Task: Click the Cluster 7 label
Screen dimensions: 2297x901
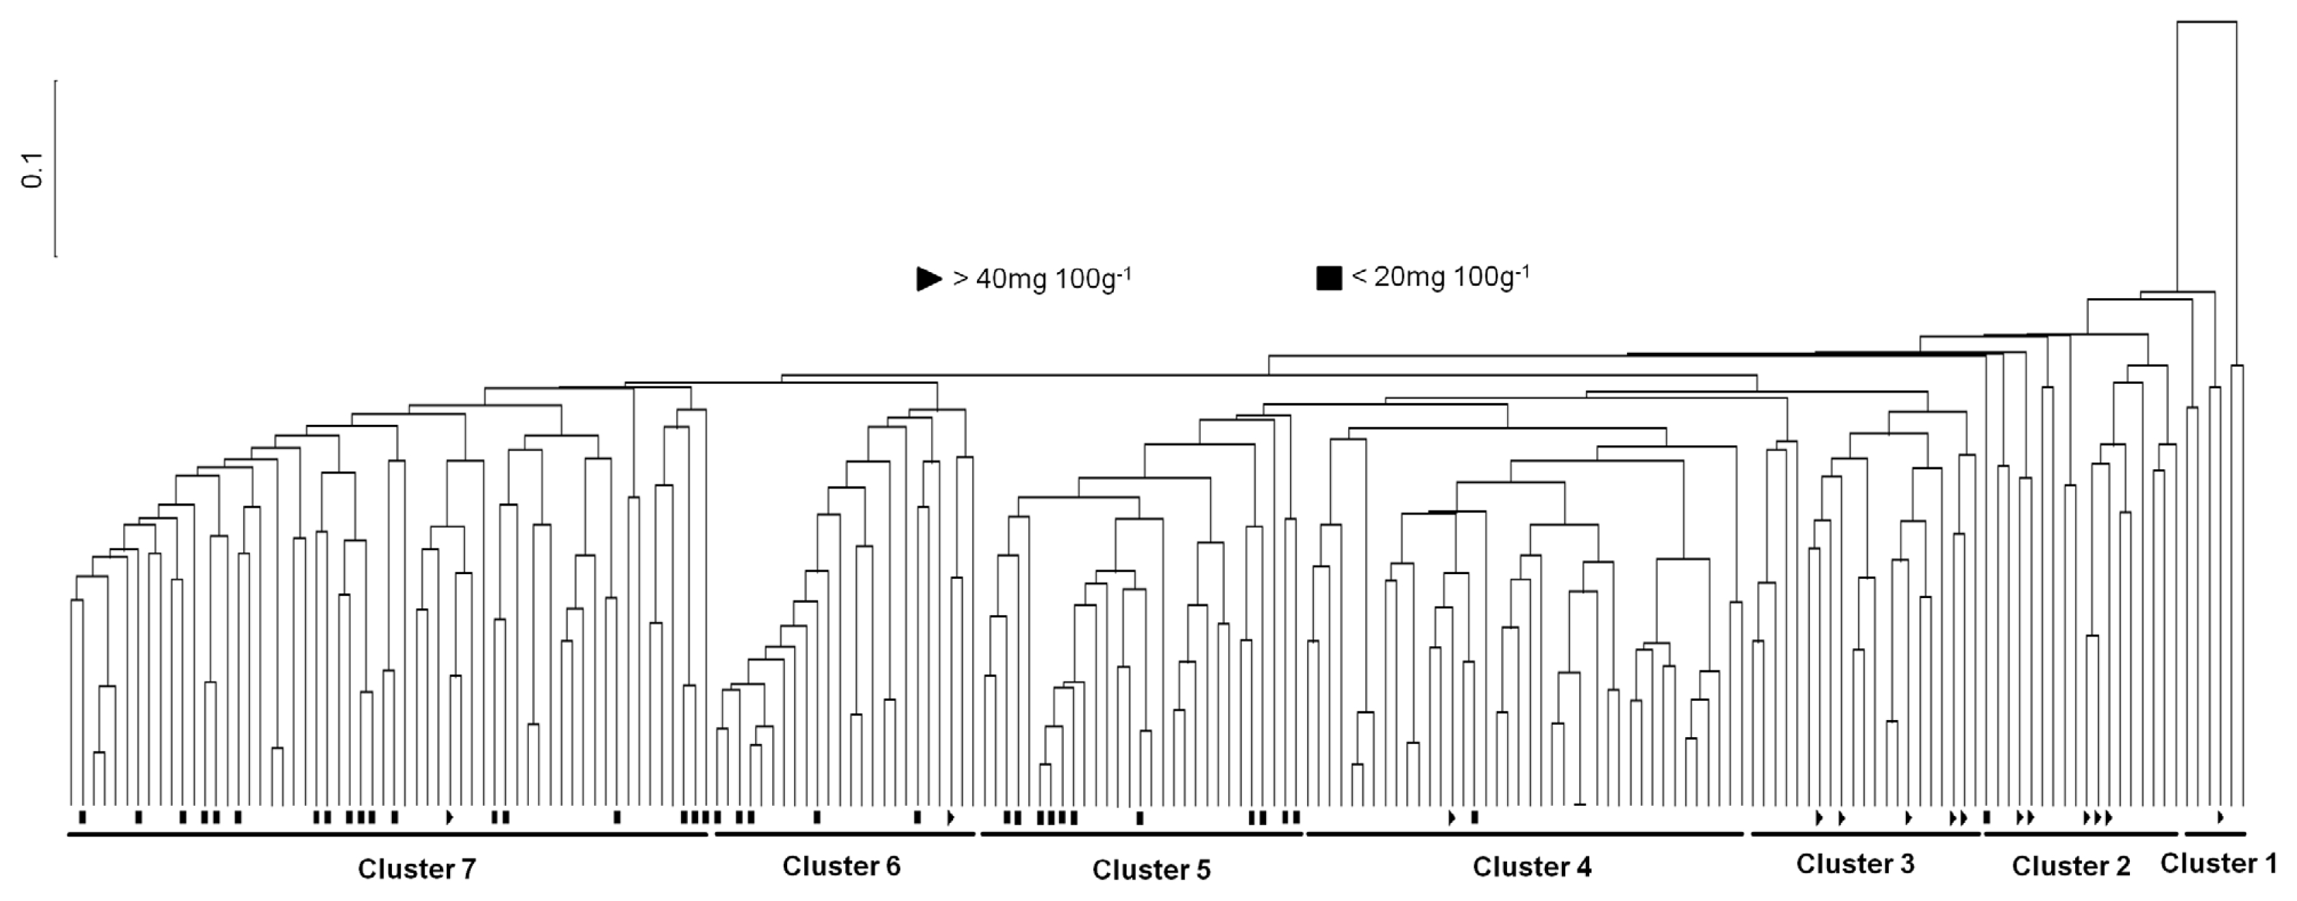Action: point(417,869)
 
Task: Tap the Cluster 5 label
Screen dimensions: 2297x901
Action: point(1151,869)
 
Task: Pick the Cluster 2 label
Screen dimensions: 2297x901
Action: point(2070,866)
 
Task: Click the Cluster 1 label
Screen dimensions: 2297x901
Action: point(2218,863)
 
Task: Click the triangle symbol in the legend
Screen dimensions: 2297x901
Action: point(929,278)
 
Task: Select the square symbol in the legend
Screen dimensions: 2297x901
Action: point(1328,278)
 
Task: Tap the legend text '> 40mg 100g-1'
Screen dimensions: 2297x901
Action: point(1041,278)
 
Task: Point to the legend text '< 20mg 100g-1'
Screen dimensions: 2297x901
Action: point(1440,277)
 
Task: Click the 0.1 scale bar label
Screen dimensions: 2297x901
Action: point(33,169)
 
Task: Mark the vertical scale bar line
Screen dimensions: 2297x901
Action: point(56,169)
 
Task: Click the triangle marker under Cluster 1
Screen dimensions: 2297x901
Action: point(2220,817)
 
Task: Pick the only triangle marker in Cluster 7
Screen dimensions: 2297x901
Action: point(449,817)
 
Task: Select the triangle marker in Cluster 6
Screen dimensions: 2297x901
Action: point(951,817)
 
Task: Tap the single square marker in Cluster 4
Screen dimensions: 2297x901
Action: point(1474,817)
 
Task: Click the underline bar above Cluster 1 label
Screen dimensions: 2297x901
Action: point(2215,834)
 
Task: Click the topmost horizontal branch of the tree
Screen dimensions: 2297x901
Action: point(2207,21)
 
